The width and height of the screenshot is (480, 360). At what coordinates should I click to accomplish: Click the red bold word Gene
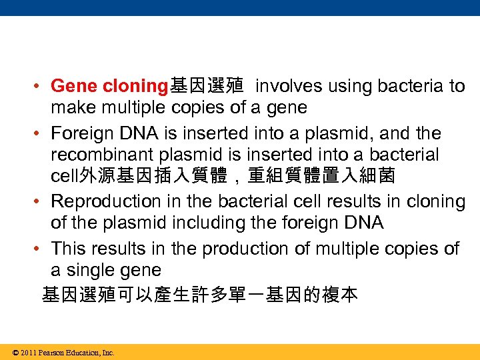tap(73, 87)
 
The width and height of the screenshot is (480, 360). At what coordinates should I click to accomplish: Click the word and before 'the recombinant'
tap(399, 133)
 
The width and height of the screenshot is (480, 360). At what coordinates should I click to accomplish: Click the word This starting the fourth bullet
tap(69, 249)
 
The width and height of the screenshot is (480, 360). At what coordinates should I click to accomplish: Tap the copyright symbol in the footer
tap(15, 353)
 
